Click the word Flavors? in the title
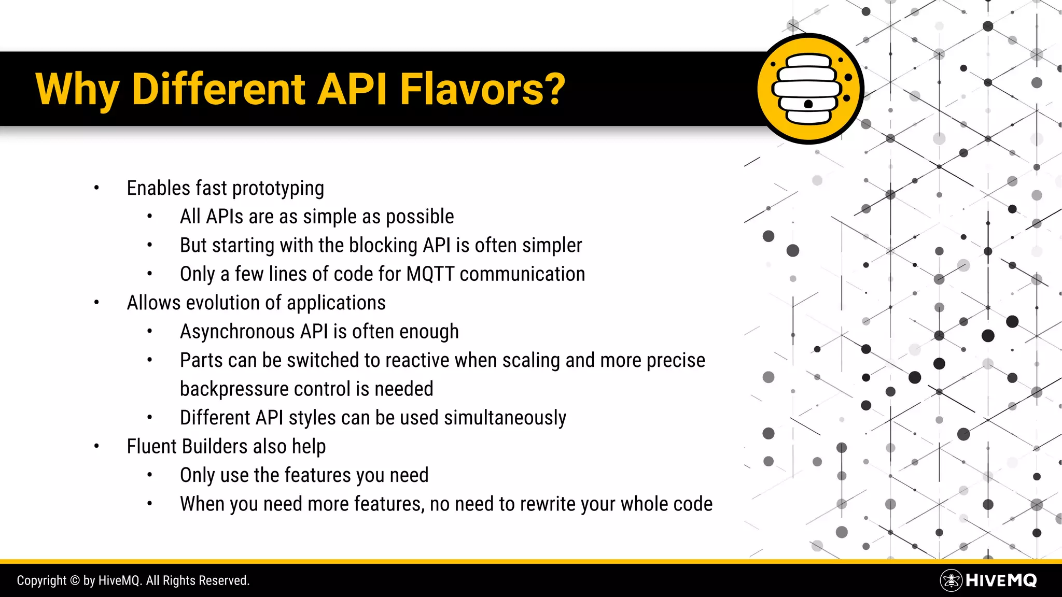(x=482, y=89)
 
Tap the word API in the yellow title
(x=352, y=89)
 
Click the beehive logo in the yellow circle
(x=808, y=89)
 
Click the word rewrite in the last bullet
(x=548, y=504)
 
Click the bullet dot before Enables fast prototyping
(x=96, y=188)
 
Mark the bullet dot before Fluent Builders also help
(x=96, y=446)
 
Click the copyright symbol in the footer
(x=75, y=581)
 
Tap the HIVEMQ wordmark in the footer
(x=1001, y=580)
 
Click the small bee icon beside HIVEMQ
(x=951, y=580)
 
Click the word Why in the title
(x=77, y=89)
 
